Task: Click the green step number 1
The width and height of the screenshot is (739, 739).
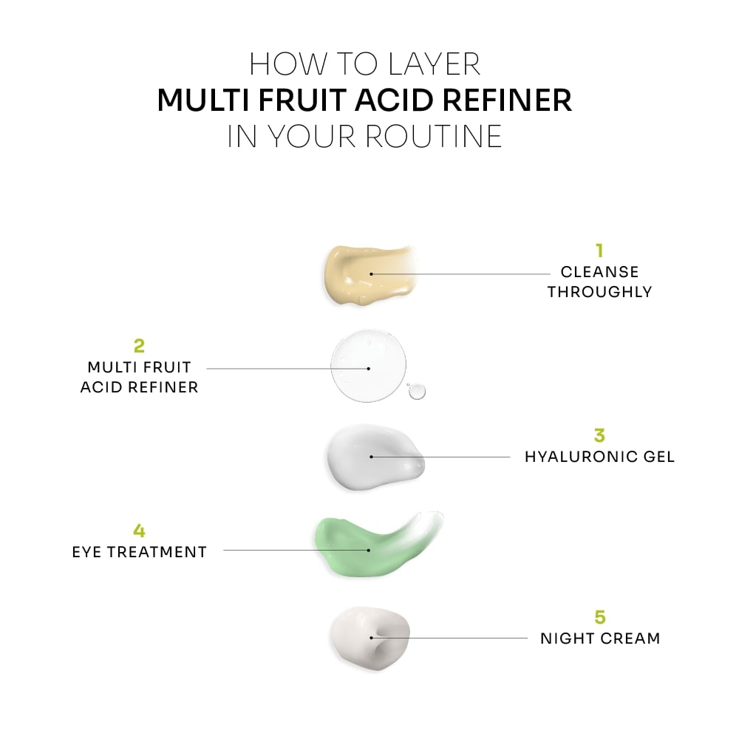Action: (599, 251)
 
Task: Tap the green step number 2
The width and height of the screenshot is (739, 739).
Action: (139, 345)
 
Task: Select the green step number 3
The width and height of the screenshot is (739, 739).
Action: (599, 435)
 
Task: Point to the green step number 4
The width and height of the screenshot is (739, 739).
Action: (139, 531)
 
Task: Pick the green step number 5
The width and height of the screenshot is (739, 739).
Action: (599, 616)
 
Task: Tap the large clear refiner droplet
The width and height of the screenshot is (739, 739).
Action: (368, 367)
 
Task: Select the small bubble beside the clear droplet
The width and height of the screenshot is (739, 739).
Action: (418, 390)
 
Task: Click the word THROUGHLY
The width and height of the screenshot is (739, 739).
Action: (599, 292)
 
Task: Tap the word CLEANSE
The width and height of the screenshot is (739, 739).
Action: (599, 272)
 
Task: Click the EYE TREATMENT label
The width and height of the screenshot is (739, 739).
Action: (139, 552)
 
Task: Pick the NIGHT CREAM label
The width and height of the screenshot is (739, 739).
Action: (599, 638)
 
